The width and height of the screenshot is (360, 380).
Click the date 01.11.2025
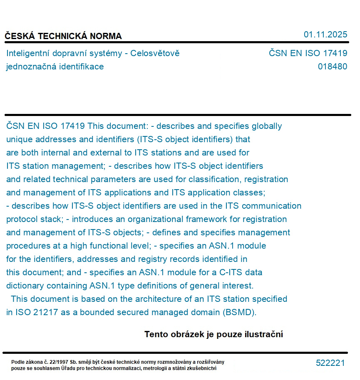point(325,35)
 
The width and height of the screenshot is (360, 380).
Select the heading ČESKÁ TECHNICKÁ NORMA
point(63,36)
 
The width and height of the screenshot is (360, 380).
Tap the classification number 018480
point(332,67)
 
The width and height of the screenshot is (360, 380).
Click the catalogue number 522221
point(330,363)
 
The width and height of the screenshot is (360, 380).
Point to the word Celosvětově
point(155,53)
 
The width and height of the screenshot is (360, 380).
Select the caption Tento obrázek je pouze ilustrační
point(214,334)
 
